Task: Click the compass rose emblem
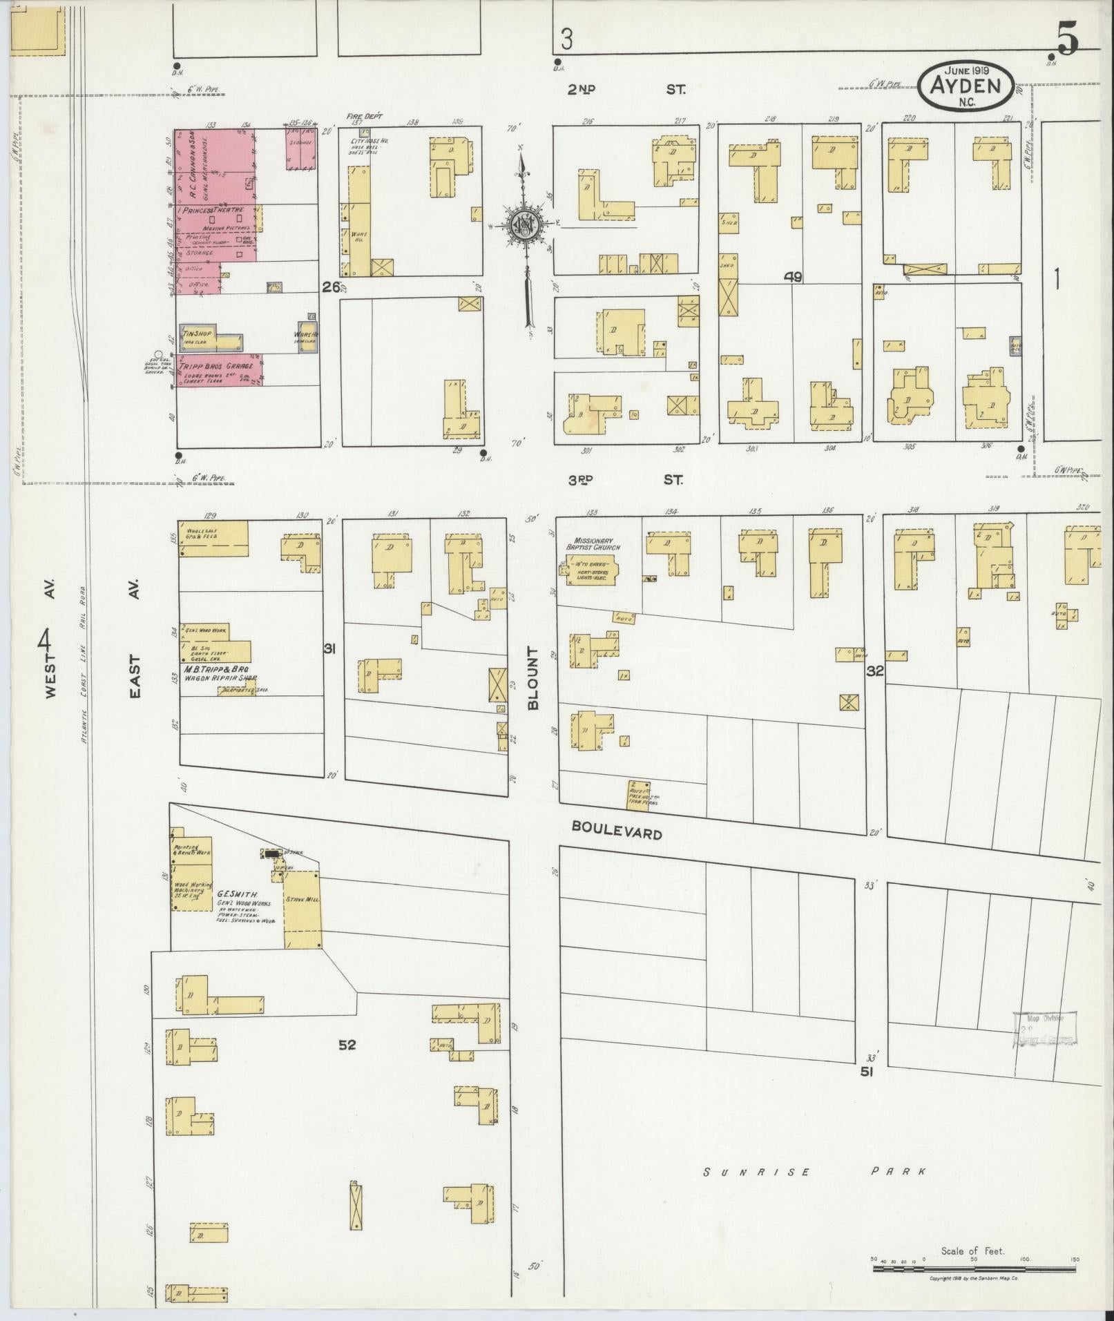(524, 225)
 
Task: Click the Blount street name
(532, 679)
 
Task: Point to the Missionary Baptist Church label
(594, 543)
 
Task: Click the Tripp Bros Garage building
(220, 371)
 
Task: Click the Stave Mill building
(302, 909)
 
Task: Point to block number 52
(347, 1064)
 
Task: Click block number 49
(792, 277)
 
